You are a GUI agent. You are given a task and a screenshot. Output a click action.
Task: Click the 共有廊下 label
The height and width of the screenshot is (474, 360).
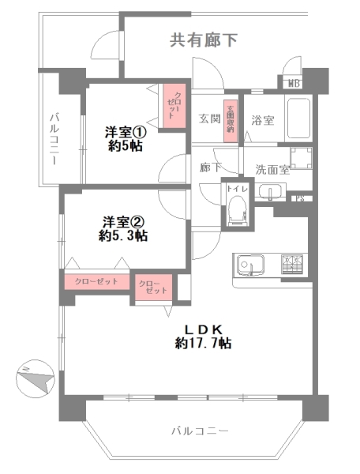(204, 40)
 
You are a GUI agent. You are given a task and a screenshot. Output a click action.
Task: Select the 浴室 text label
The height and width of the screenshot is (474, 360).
(263, 121)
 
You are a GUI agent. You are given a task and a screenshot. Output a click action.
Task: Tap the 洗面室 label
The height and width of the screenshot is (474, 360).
(272, 168)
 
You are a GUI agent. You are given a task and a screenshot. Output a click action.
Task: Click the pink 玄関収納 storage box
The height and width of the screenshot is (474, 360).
(231, 121)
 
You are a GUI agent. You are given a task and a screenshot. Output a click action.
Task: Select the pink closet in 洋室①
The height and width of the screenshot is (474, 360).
(171, 104)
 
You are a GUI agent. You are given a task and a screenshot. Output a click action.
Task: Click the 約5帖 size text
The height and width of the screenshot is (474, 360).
(125, 146)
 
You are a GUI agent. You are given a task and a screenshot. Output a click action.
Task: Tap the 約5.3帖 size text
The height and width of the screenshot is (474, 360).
(123, 235)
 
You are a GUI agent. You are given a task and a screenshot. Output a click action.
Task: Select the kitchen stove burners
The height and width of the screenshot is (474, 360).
(292, 265)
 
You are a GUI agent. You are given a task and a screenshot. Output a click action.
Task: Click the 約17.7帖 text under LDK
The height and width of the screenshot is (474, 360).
(204, 343)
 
